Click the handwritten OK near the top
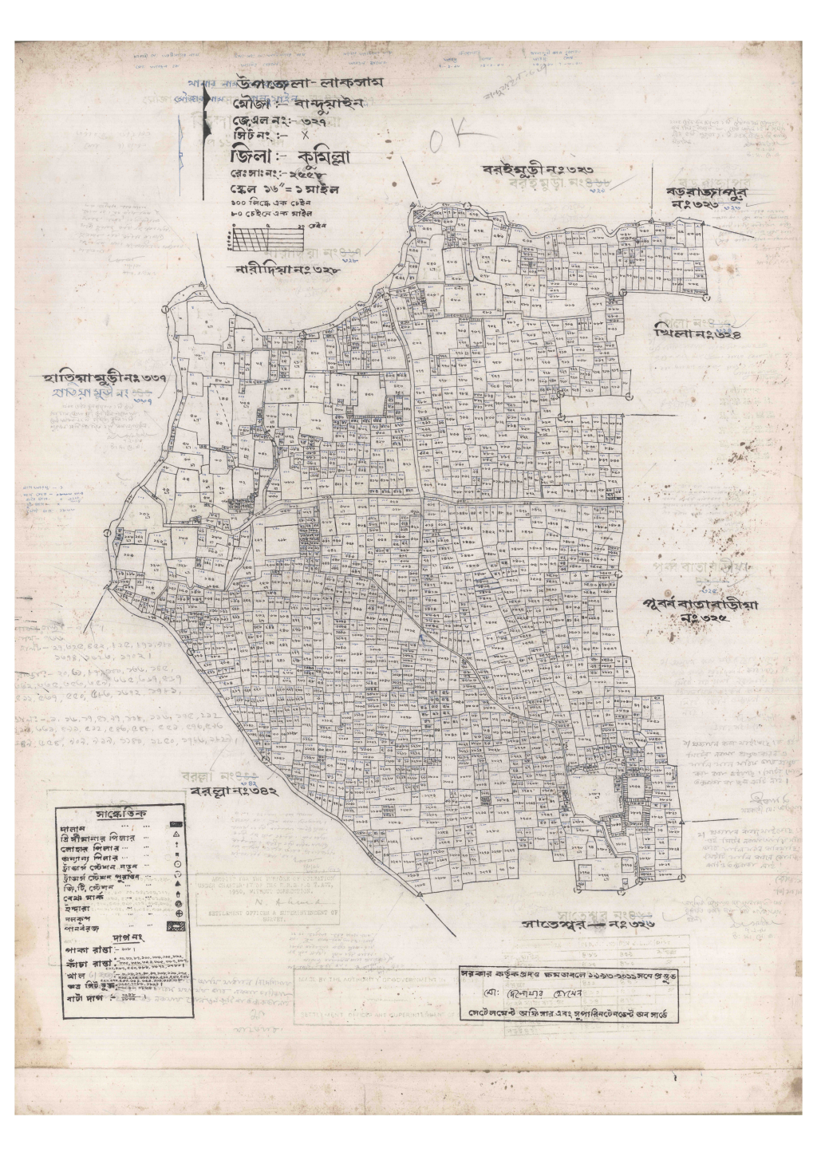point(454,140)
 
